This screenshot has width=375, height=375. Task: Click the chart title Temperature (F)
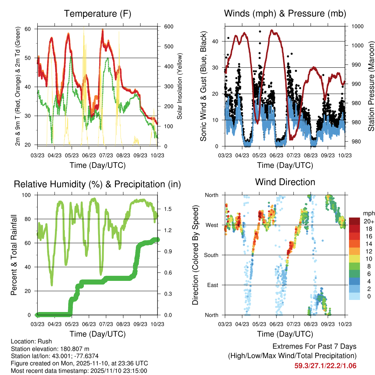click(97, 14)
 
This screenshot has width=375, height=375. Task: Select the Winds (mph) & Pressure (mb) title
click(285, 14)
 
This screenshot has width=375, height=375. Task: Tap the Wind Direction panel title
click(285, 182)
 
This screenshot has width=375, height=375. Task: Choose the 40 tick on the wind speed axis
click(219, 41)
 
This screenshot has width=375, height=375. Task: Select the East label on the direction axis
click(212, 285)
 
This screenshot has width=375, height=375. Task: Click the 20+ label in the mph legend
click(368, 221)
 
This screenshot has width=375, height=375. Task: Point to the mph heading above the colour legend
click(368, 214)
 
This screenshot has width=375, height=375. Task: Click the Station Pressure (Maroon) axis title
click(371, 86)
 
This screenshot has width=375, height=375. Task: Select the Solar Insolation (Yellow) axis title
click(180, 86)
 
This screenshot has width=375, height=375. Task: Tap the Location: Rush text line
click(31, 341)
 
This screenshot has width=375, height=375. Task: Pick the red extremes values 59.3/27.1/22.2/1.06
click(325, 365)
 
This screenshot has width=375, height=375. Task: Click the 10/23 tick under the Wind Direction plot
click(345, 324)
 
